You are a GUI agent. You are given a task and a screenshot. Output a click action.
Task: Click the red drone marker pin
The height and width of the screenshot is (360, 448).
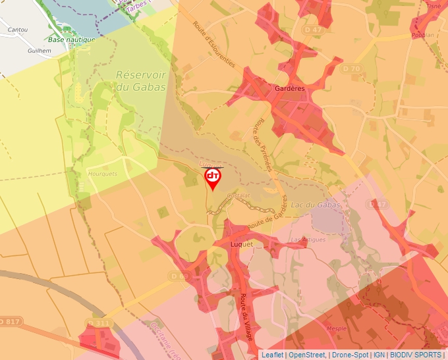[x=213, y=178]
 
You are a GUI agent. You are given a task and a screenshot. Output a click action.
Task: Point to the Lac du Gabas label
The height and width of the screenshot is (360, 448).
[x=316, y=205]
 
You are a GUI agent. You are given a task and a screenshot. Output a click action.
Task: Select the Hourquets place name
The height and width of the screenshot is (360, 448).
[x=102, y=174]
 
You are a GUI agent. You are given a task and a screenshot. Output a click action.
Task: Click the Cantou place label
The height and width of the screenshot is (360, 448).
[x=17, y=30]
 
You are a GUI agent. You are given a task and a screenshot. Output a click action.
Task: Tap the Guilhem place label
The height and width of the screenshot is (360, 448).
[x=40, y=50]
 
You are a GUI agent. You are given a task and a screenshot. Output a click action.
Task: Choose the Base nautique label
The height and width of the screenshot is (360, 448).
[x=72, y=39]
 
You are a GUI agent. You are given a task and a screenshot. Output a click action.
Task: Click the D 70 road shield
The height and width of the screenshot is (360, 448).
[x=352, y=68]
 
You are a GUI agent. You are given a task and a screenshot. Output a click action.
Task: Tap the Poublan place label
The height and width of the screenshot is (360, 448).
[x=422, y=35]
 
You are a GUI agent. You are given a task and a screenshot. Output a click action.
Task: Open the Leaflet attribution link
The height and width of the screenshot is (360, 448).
[x=272, y=355]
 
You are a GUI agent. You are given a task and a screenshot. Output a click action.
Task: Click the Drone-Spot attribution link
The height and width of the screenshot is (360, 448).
[x=350, y=355]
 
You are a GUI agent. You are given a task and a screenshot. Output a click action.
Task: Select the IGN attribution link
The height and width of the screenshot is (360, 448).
[x=379, y=355]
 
